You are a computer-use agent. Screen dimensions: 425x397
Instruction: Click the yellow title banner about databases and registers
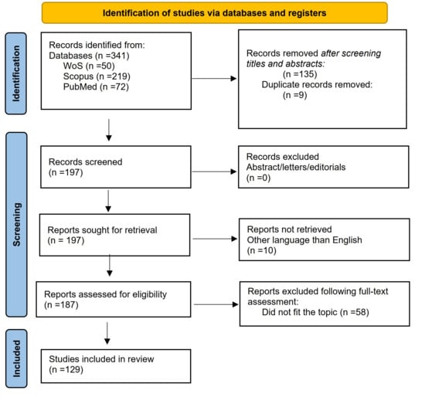[x=214, y=12]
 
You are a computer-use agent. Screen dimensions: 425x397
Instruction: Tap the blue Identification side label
[x=16, y=73]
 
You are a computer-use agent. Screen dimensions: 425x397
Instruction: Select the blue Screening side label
[x=16, y=225]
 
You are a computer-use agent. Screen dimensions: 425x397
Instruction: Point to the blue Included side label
[x=16, y=358]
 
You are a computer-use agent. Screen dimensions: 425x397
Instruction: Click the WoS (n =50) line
[x=89, y=66]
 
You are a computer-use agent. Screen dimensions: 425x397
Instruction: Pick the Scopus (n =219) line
[x=97, y=76]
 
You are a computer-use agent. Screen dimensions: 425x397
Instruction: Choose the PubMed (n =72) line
[x=96, y=87]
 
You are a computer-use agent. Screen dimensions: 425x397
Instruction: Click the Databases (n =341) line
[x=89, y=56]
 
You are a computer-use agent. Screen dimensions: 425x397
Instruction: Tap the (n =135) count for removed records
[x=300, y=74]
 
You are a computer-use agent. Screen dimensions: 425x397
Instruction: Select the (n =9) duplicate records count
[x=295, y=95]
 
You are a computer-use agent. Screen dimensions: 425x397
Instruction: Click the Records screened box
[x=116, y=167]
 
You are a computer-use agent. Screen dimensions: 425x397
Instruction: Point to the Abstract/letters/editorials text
[x=296, y=167]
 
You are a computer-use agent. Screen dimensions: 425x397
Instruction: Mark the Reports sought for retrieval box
[x=114, y=235]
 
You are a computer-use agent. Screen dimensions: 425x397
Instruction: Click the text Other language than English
[x=304, y=240]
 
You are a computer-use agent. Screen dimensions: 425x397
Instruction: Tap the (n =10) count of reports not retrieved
[x=261, y=250]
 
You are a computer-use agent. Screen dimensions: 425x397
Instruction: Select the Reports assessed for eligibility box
[x=114, y=299]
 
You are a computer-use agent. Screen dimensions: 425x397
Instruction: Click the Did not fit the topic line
[x=315, y=312]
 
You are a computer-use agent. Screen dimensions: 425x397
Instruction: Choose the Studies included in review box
[x=116, y=366]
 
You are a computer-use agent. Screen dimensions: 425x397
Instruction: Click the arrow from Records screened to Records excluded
[x=214, y=171]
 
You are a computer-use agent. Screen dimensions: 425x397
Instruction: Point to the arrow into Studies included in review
[x=107, y=334]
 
